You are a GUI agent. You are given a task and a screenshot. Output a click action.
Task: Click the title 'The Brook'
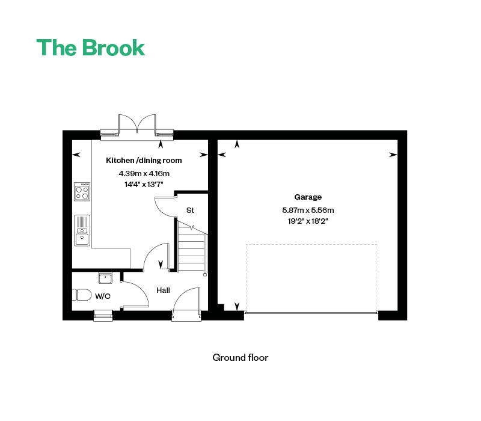click(91, 48)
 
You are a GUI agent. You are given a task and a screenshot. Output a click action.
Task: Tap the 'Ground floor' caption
click(240, 357)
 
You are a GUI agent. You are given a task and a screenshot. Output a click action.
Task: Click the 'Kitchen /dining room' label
click(144, 161)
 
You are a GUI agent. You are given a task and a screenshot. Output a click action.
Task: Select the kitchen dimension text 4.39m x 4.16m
click(144, 173)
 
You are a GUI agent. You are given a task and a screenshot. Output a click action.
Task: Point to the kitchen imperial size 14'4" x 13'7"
click(144, 185)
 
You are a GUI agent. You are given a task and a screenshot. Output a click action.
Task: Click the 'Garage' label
click(308, 197)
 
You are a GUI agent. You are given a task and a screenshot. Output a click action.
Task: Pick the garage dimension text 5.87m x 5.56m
click(308, 210)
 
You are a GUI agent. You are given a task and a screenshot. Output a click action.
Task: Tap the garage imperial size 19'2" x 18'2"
click(308, 221)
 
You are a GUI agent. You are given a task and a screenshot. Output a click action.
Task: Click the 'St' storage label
click(190, 210)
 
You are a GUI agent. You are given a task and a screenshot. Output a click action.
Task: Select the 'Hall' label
click(163, 290)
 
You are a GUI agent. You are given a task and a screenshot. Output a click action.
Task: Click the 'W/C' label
click(103, 296)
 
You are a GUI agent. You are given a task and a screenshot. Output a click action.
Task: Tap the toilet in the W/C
click(82, 295)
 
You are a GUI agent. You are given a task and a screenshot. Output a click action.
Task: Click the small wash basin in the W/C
click(105, 278)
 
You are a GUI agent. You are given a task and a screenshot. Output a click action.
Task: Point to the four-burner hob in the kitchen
click(82, 192)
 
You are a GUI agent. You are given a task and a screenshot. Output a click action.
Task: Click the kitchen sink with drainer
click(82, 230)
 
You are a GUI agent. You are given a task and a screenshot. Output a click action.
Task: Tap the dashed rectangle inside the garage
click(311, 278)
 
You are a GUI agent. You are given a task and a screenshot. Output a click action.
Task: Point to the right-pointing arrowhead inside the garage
click(393, 155)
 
